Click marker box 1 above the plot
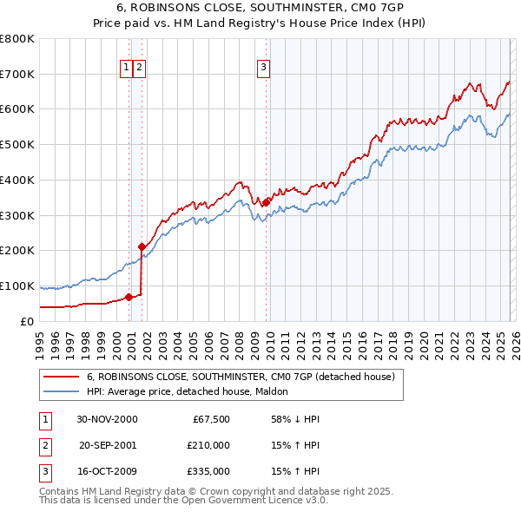[127, 66]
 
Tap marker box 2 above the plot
[139, 66]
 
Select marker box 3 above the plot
[263, 66]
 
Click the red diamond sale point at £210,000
[142, 246]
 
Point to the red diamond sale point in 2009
[266, 202]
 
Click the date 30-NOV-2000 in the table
[107, 419]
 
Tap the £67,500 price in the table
[208, 419]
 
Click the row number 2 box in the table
[44, 445]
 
